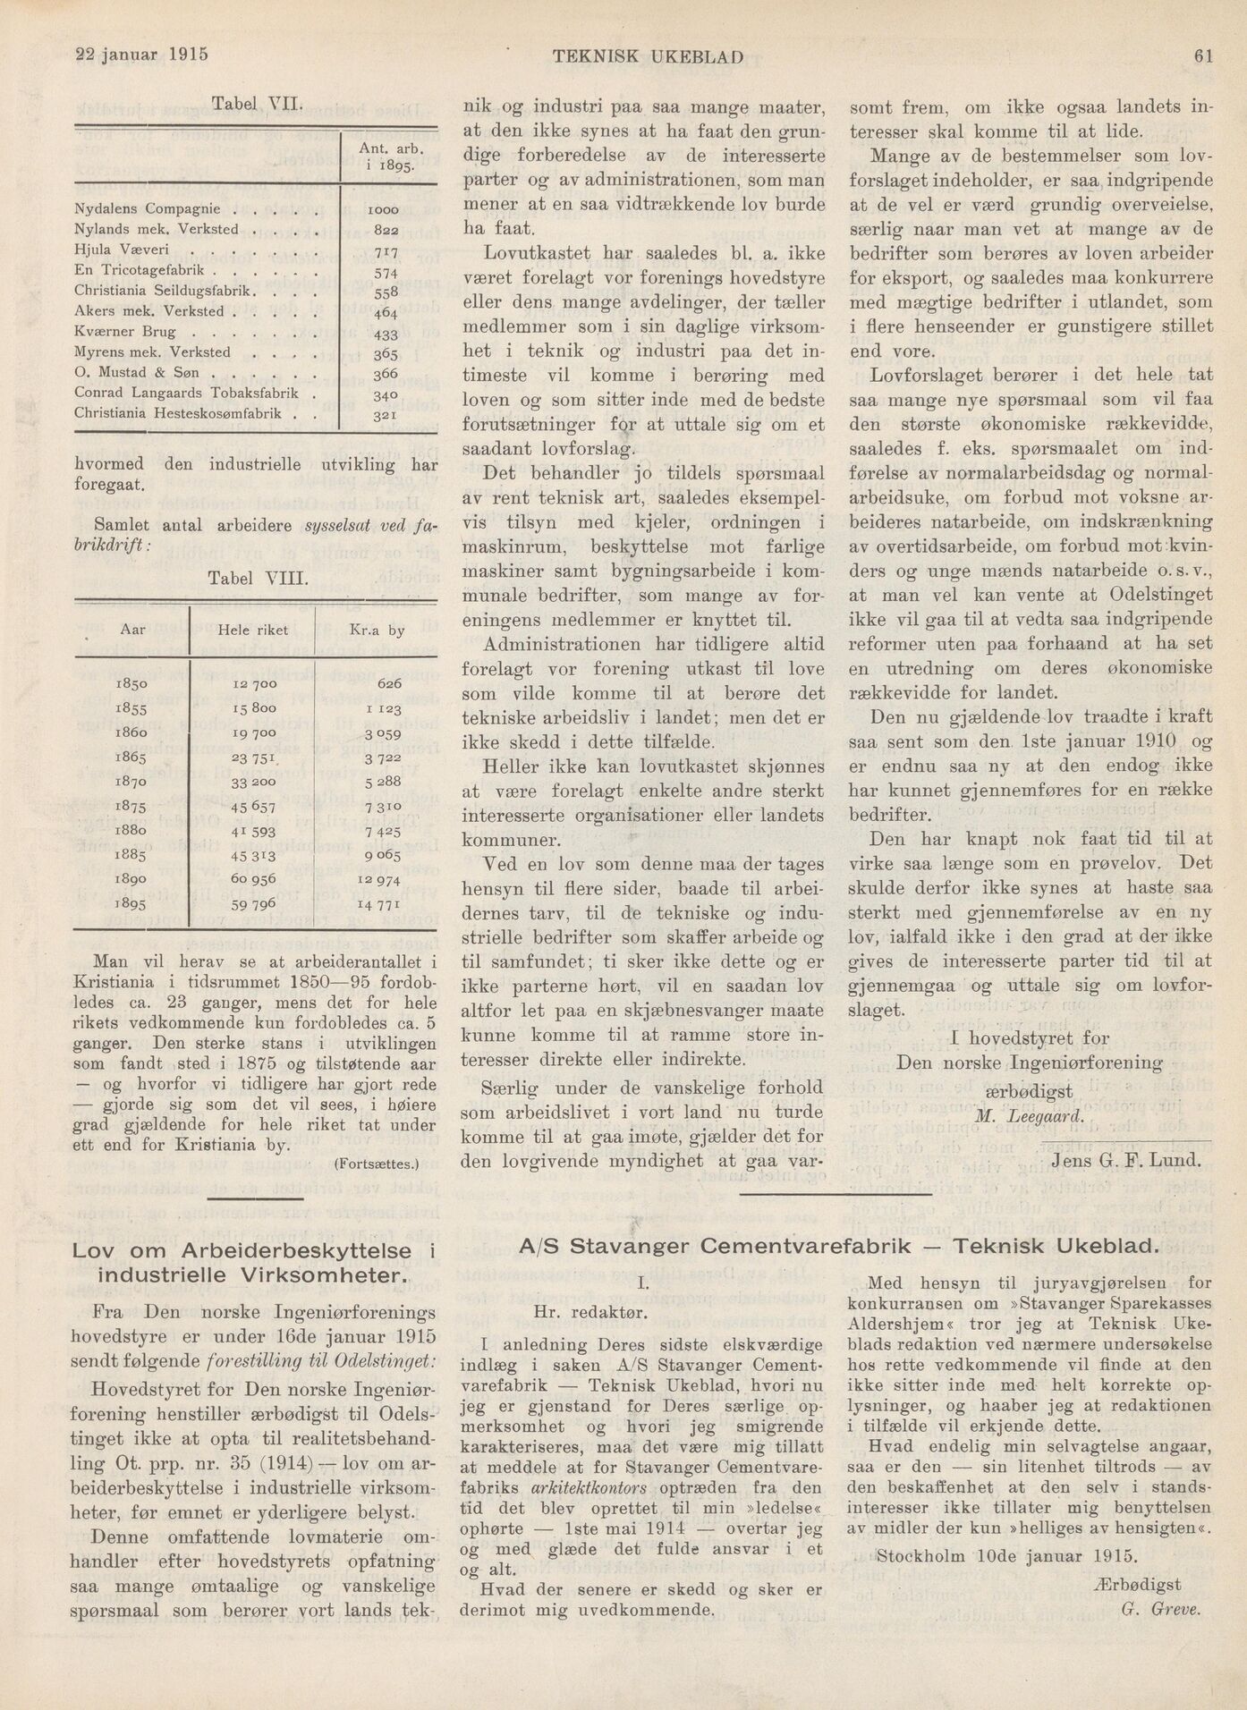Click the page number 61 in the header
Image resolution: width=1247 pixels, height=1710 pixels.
[1202, 56]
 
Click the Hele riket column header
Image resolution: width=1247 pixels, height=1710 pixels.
[252, 631]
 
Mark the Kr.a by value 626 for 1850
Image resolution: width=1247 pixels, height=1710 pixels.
[389, 683]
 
